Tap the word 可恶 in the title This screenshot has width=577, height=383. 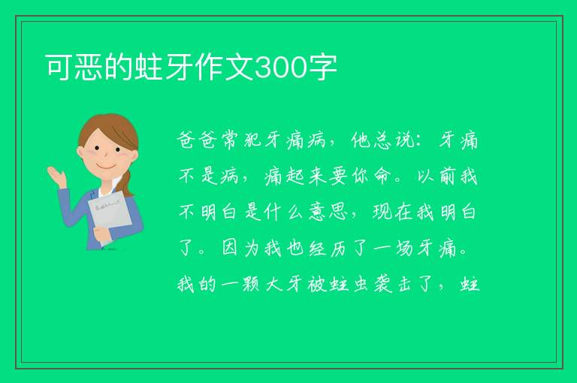74,68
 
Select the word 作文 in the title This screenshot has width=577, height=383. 224,68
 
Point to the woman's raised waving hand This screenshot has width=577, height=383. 56,176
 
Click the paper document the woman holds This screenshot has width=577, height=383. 109,216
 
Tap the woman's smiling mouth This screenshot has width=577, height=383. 107,166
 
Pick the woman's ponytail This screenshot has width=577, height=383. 127,182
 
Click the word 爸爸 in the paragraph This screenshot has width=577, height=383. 197,140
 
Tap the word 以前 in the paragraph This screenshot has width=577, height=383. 437,176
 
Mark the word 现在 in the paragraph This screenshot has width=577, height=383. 392,213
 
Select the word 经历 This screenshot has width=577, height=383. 328,249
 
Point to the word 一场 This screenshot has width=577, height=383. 393,249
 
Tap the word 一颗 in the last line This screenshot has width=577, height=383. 240,285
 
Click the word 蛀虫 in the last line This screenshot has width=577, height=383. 349,285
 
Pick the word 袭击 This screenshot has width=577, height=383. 392,285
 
